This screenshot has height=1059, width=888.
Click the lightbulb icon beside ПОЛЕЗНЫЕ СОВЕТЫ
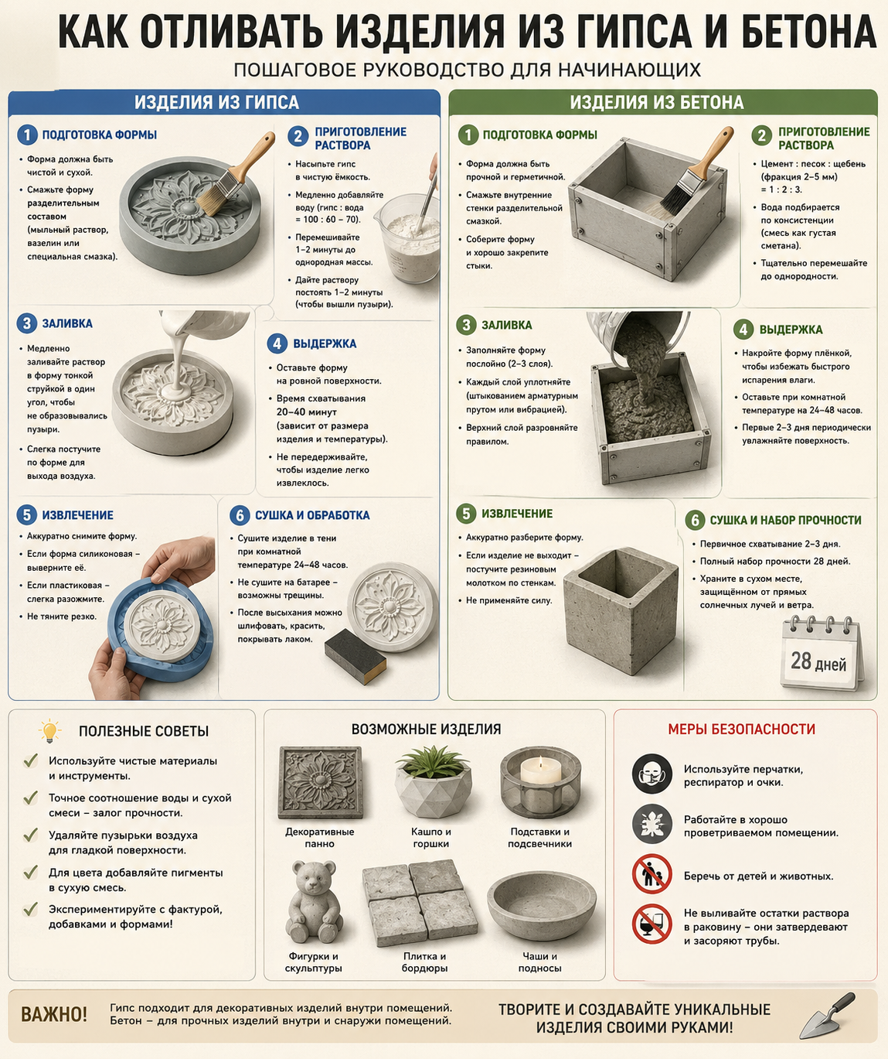point(49,731)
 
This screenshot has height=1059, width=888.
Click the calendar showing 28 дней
point(821,653)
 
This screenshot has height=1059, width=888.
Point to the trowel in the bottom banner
point(828,1016)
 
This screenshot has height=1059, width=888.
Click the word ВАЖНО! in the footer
point(54,1014)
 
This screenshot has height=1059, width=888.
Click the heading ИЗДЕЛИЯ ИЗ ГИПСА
point(216,102)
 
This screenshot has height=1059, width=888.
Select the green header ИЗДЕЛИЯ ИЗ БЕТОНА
point(656,102)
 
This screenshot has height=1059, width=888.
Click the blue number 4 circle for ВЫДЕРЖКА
point(277,343)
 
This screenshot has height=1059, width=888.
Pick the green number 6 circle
point(695,521)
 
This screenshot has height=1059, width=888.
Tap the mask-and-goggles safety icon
point(652,774)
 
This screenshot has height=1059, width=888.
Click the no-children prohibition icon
point(652,873)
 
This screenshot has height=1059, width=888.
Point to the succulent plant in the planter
point(432,762)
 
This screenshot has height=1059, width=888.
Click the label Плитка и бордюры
point(424,962)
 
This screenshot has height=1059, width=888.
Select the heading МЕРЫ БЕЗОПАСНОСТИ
point(741,729)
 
